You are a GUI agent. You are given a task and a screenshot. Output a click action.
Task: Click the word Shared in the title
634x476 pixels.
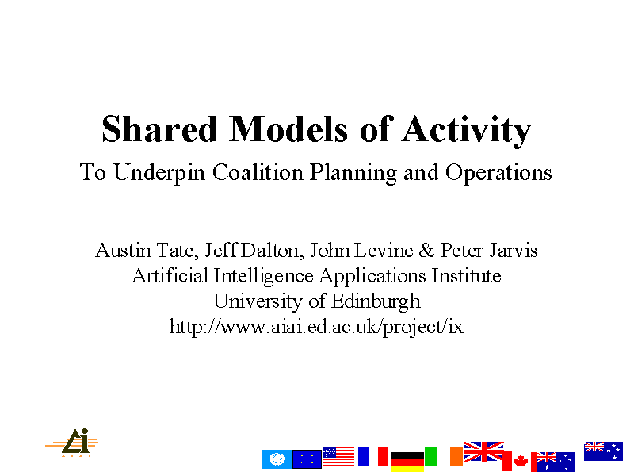[159, 129]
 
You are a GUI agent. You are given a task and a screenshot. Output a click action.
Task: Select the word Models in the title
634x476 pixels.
[288, 129]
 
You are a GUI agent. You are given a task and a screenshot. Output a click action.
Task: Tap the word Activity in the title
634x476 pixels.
[466, 131]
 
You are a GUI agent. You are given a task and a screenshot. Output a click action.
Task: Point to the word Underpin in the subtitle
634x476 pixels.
[159, 173]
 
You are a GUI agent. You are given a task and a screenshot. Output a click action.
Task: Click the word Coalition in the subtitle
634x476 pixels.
[258, 172]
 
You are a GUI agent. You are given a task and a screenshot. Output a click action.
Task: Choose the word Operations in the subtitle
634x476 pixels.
[498, 173]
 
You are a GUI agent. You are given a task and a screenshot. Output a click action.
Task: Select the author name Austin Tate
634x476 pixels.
[147, 251]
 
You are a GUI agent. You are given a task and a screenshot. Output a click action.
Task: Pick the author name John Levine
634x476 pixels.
[361, 250]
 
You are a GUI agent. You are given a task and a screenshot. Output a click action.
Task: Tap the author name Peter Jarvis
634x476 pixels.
[489, 250]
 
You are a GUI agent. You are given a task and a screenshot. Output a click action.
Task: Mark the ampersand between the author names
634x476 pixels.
[426, 251]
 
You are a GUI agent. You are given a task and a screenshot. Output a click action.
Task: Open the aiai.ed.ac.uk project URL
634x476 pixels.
[316, 327]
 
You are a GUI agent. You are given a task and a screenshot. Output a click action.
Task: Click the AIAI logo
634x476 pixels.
[76, 443]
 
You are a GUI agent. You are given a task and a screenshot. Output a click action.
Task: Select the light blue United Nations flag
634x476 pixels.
[277, 459]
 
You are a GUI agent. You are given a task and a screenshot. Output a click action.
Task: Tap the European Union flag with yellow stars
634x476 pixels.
[307, 459]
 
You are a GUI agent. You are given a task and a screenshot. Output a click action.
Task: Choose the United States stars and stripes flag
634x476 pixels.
[339, 457]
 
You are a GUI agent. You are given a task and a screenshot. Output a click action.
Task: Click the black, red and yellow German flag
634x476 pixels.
[407, 462]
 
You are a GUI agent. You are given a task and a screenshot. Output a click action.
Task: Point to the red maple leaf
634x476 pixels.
[521, 462]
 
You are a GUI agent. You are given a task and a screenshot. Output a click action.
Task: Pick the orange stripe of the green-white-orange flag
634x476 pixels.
[456, 457]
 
